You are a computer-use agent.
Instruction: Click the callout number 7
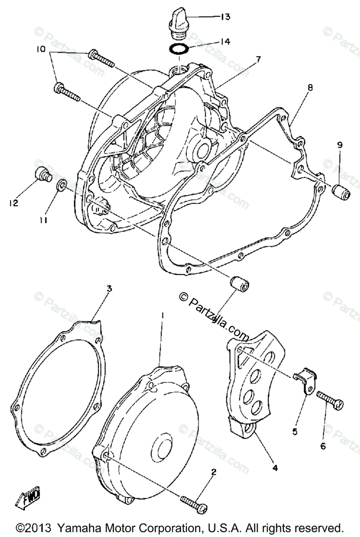pyautogui.click(x=258, y=59)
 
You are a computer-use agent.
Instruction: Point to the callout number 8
pyautogui.click(x=309, y=88)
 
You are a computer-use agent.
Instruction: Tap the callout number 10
pyautogui.click(x=41, y=50)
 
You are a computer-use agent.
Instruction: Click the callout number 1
pyautogui.click(x=162, y=315)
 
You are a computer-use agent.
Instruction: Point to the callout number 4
pyautogui.click(x=275, y=468)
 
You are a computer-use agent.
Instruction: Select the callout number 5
pyautogui.click(x=295, y=432)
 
